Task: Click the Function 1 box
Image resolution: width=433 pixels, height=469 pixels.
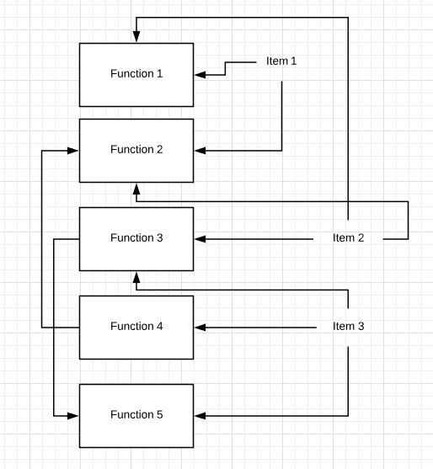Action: (136, 75)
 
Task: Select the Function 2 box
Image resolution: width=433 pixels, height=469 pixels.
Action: (136, 151)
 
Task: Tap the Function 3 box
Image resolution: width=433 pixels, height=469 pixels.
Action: (136, 239)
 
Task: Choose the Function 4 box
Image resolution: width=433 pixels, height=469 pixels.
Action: (136, 328)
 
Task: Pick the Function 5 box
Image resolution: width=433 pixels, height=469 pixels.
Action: (136, 416)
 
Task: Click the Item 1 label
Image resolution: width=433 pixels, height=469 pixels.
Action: (281, 61)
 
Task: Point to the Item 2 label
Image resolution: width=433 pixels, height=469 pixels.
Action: (348, 237)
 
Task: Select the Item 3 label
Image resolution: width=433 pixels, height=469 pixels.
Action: (348, 326)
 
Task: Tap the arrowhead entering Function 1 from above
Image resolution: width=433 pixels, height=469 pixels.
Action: (136, 36)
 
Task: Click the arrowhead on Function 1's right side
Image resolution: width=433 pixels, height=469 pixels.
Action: (200, 75)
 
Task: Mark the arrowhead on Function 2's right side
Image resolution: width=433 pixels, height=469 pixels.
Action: (200, 151)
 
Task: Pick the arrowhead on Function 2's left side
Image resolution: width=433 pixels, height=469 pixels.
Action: (72, 151)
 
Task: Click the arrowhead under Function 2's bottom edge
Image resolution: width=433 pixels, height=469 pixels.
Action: (136, 189)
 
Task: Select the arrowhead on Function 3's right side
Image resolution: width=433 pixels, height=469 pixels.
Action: (200, 239)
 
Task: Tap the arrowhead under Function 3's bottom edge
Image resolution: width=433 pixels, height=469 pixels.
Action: (136, 278)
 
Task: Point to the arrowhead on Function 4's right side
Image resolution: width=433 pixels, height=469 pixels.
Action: (200, 328)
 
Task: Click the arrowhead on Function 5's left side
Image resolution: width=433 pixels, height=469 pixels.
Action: (72, 416)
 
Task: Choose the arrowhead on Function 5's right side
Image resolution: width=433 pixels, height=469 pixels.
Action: (200, 416)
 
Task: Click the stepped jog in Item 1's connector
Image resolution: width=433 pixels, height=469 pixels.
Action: (225, 68)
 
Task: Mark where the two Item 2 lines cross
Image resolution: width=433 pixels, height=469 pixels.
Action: (348, 201)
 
